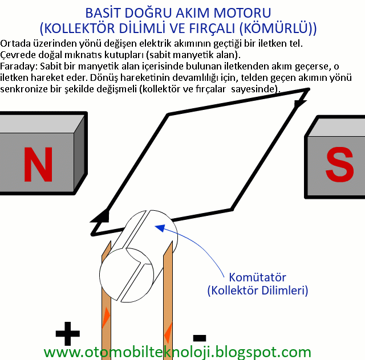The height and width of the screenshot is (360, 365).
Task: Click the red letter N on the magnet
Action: (38, 164)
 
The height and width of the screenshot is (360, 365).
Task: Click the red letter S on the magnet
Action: (340, 164)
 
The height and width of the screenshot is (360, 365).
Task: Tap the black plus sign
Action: (68, 334)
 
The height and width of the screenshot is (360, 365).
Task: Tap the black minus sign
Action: (200, 338)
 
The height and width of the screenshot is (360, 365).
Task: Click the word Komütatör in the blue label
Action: (257, 277)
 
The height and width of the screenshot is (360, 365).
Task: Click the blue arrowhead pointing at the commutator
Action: (160, 228)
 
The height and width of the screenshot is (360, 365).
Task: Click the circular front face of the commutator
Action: (127, 275)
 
